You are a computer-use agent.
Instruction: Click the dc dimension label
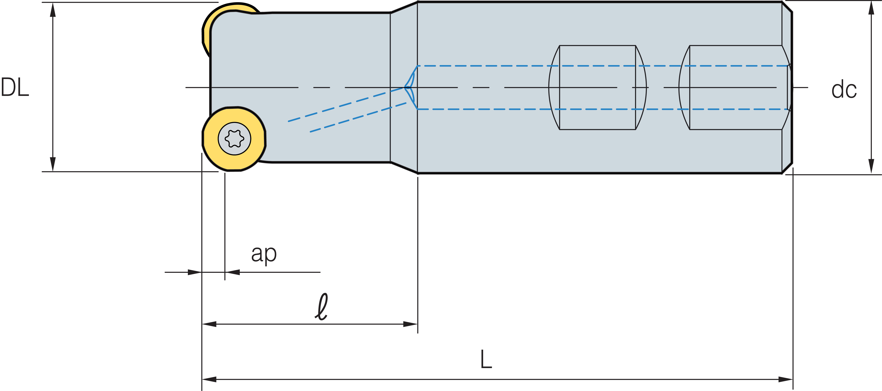844,90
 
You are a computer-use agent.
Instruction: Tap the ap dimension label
264,254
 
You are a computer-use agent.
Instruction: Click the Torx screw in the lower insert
235,139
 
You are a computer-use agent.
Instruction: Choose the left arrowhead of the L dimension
210,379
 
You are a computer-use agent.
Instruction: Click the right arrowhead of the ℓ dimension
410,324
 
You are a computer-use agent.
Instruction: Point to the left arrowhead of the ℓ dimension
210,324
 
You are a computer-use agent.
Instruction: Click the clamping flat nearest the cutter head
597,87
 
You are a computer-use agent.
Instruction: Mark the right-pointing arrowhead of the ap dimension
194,272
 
